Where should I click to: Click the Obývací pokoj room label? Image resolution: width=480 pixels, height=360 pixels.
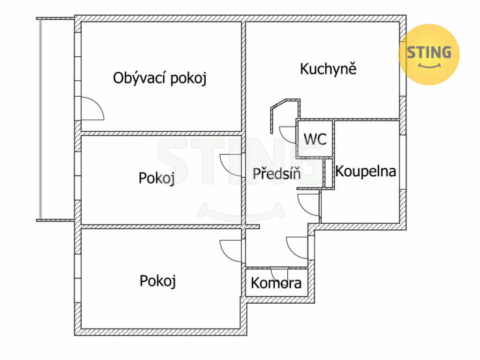(160, 78)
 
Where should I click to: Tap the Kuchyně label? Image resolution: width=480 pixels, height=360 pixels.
(328, 69)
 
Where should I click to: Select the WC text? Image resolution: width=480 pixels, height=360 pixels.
(315, 139)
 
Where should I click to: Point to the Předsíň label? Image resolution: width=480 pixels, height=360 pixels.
(277, 173)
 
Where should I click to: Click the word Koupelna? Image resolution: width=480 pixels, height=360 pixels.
(366, 171)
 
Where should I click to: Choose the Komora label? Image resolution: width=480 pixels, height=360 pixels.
(276, 283)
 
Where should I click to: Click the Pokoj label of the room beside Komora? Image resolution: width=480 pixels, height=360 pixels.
(157, 281)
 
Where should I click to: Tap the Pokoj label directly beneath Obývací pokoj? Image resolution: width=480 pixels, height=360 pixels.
(157, 178)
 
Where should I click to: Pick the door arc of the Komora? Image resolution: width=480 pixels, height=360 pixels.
(279, 274)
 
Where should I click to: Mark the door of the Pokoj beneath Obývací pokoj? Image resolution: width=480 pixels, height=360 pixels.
(231, 164)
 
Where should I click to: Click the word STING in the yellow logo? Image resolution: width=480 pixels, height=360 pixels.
(429, 52)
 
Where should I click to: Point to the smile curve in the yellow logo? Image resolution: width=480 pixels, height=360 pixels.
(429, 65)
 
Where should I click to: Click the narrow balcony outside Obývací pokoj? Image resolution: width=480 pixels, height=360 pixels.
(56, 119)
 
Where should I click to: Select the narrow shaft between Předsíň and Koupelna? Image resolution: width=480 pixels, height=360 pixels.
(329, 173)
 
